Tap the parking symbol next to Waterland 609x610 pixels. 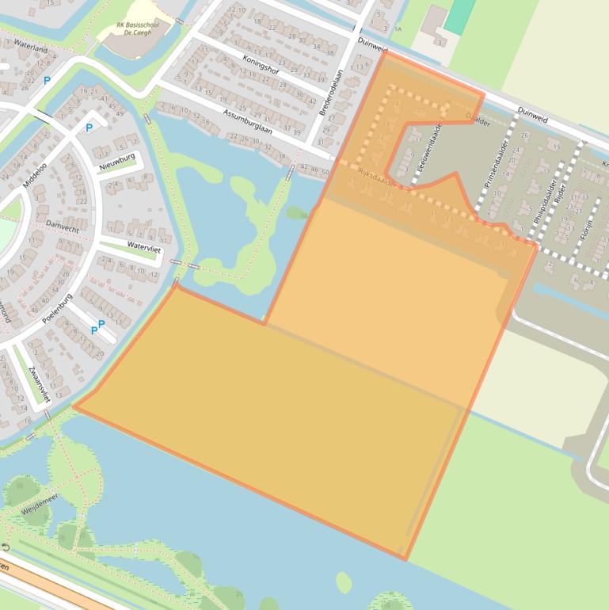(x=47, y=80)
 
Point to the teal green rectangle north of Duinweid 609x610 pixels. (x=458, y=16)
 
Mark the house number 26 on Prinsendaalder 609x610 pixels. (x=524, y=135)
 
